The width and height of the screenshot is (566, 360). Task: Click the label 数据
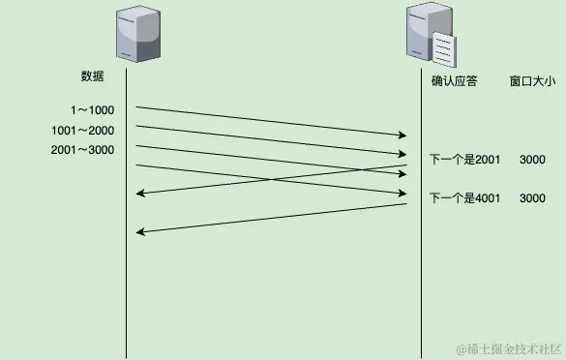point(92,75)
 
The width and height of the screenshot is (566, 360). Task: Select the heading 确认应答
point(454,82)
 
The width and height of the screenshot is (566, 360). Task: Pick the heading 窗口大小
point(532,82)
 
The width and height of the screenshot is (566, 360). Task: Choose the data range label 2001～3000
point(82,149)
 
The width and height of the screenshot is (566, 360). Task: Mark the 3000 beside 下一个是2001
point(532,157)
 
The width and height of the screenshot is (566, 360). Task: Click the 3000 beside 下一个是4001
point(532,197)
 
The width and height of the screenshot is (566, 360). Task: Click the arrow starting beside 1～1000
point(271,121)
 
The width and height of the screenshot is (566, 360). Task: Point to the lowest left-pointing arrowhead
point(140,232)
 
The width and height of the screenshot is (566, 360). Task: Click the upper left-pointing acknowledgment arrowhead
point(140,195)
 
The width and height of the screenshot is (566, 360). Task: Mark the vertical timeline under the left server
point(127,290)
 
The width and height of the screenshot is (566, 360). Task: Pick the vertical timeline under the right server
point(421,290)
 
